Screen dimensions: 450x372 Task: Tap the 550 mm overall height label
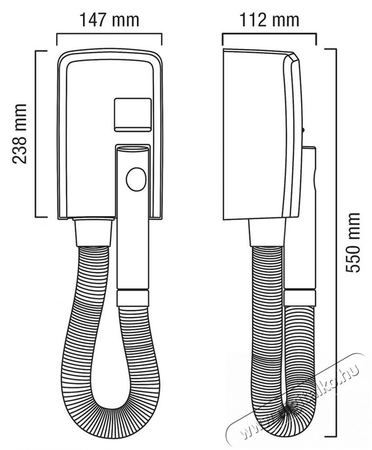(x=353, y=242)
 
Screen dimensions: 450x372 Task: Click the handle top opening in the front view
(x=131, y=150)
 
